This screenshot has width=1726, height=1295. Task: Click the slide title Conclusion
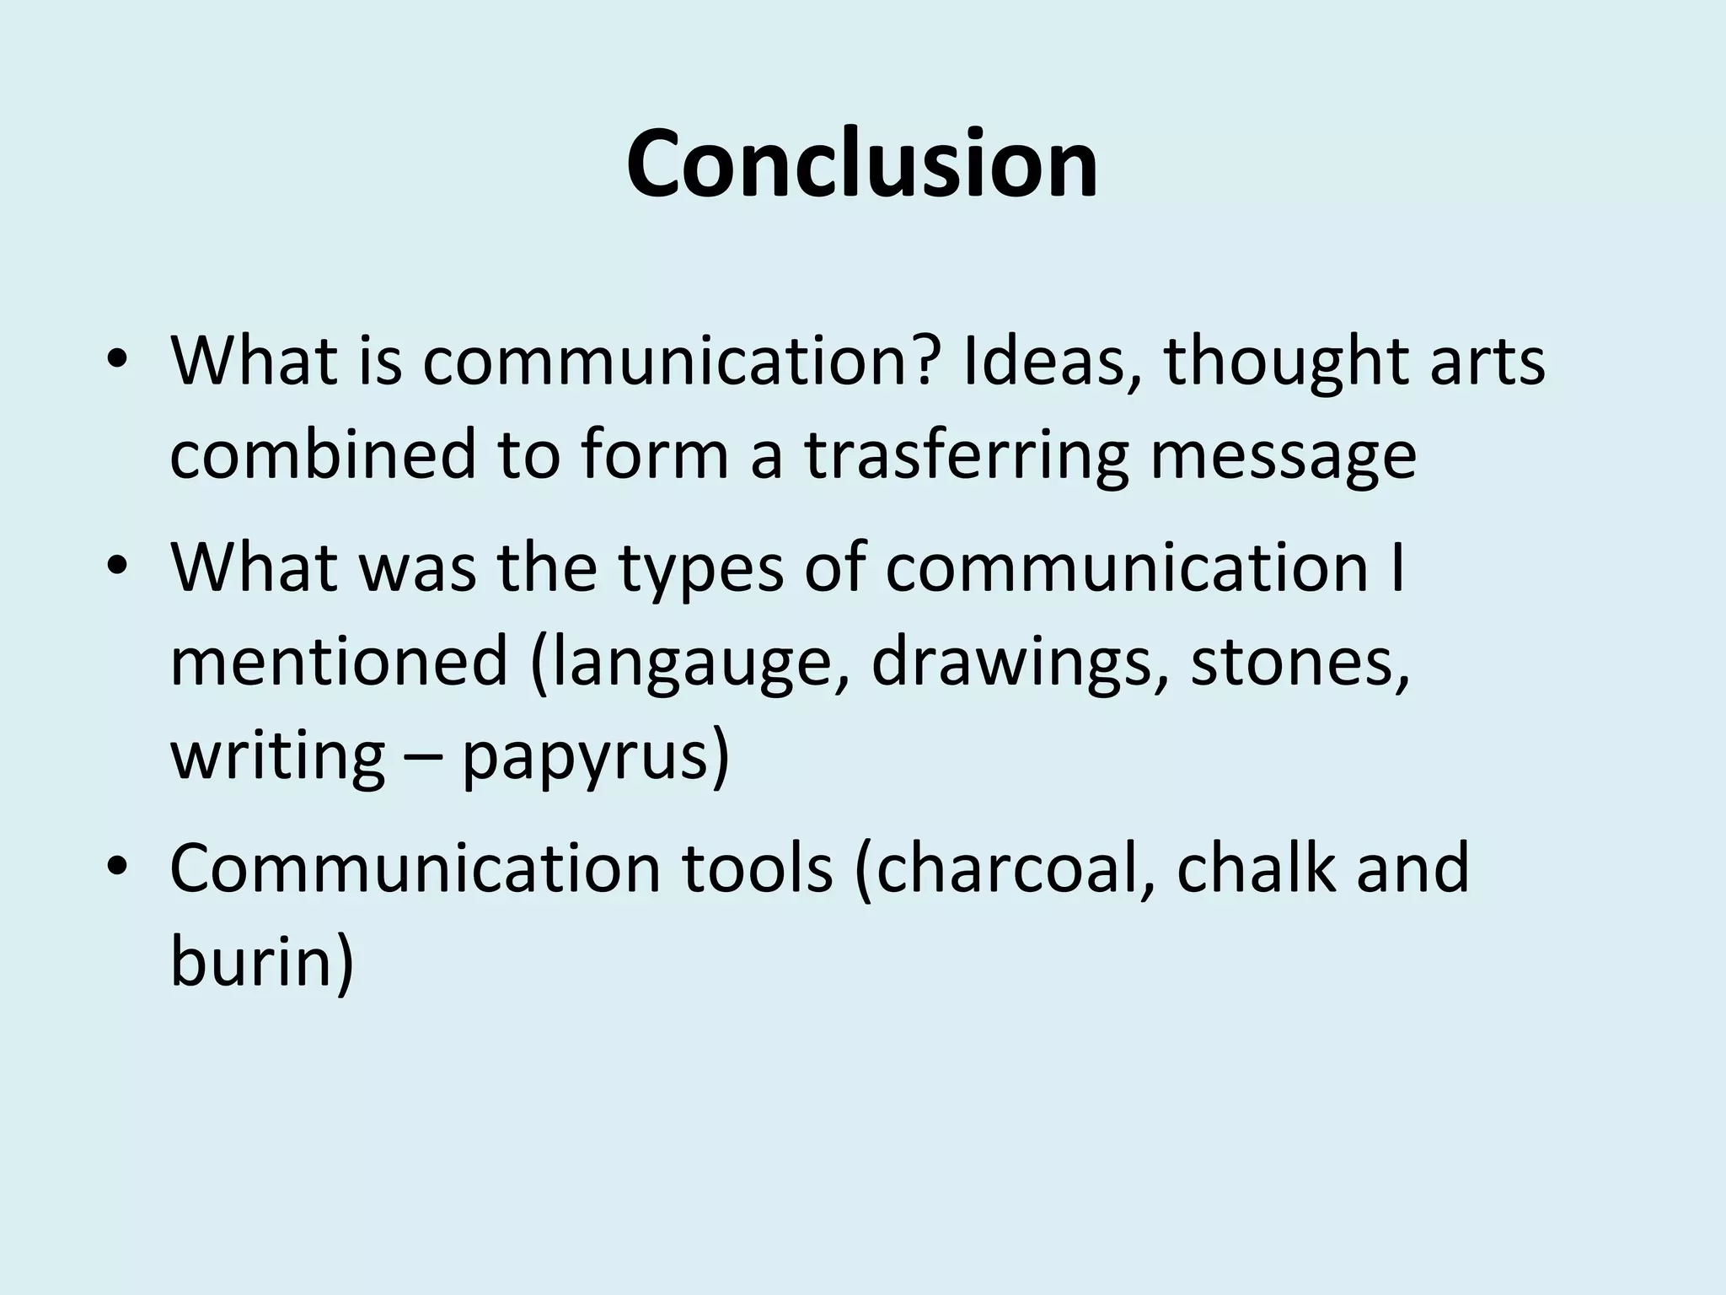pos(862,164)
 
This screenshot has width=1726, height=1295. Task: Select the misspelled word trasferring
pos(966,454)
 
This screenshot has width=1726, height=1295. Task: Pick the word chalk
pos(1257,868)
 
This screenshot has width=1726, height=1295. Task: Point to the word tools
pos(756,868)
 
